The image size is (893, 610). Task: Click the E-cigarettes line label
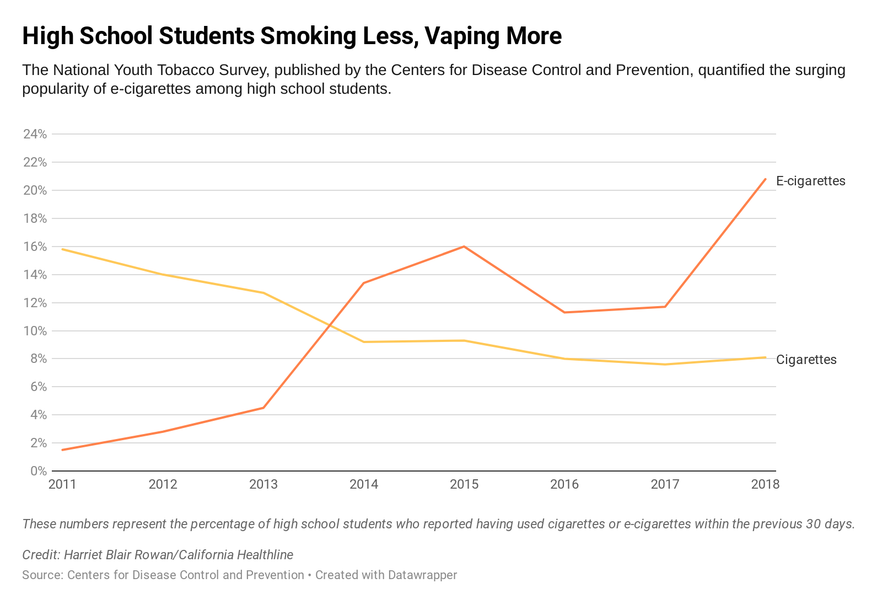coord(810,181)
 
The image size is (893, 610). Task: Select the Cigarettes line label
coord(806,360)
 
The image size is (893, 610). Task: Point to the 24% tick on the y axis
coord(34,134)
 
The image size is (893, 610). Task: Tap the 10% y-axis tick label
coord(34,331)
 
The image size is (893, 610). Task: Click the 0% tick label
coord(38,471)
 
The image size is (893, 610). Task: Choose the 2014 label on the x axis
coord(364,484)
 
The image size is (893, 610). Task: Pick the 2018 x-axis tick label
coord(765,484)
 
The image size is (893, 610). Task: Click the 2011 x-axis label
coord(62,484)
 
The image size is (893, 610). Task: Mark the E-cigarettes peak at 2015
coord(464,247)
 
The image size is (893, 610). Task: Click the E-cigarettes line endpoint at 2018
coord(765,179)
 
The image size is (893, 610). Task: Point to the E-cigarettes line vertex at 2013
coord(263,408)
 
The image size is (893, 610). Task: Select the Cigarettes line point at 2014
coord(364,342)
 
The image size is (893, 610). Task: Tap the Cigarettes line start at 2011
coord(63,249)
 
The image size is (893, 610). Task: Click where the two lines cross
coord(330,325)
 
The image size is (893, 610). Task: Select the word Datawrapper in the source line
coord(422,575)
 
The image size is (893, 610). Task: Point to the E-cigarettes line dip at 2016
coord(564,312)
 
